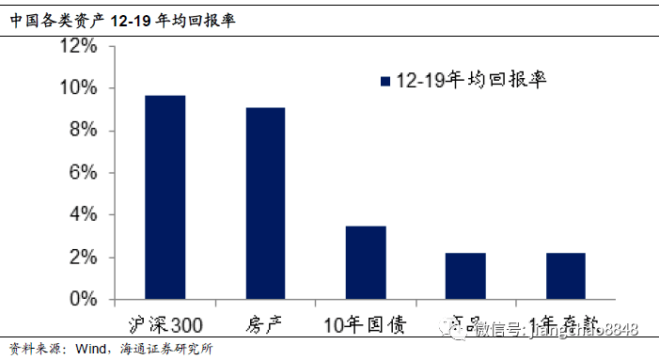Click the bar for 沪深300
pyautogui.click(x=165, y=197)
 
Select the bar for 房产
pyautogui.click(x=265, y=204)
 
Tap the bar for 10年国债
pyautogui.click(x=366, y=263)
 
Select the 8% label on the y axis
pyautogui.click(x=82, y=131)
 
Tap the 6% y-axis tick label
pyautogui.click(x=82, y=173)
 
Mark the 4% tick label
pyautogui.click(x=82, y=215)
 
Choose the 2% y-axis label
pyautogui.click(x=82, y=258)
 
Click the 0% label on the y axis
pyautogui.click(x=82, y=300)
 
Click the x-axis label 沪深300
pyautogui.click(x=165, y=325)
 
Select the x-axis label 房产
pyautogui.click(x=265, y=325)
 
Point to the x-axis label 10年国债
pyautogui.click(x=365, y=325)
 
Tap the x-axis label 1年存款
pyautogui.click(x=565, y=325)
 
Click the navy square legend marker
pyautogui.click(x=384, y=82)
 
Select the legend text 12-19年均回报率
pyautogui.click(x=471, y=81)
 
